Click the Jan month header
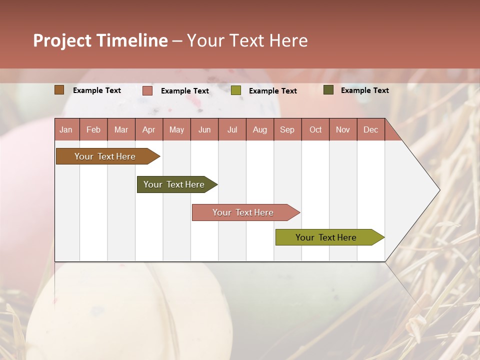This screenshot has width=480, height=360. [66, 129]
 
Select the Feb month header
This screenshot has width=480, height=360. [93, 129]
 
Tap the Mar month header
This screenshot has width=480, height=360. [121, 129]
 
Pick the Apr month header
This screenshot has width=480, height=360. [149, 129]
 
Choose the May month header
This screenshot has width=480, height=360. [176, 129]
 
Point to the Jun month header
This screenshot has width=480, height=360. [204, 129]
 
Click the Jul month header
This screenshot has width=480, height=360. [232, 129]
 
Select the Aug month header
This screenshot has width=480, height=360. [260, 129]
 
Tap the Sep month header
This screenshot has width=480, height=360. [287, 129]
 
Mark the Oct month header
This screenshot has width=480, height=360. [315, 129]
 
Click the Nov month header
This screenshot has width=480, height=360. [343, 129]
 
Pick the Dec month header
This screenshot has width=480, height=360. [371, 129]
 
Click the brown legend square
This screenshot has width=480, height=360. [59, 90]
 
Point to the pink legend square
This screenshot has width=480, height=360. [147, 90]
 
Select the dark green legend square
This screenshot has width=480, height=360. [328, 90]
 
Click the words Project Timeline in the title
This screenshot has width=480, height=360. [100, 40]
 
